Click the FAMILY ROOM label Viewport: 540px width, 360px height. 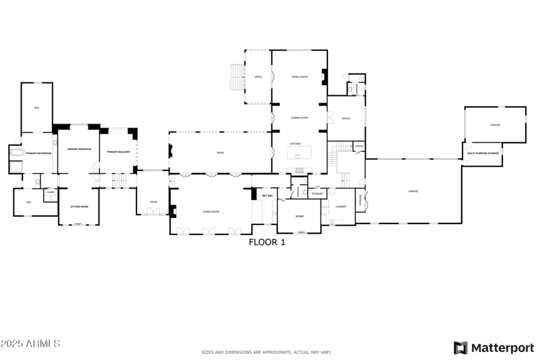coord(300,77)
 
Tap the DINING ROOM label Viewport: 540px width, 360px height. coord(300,118)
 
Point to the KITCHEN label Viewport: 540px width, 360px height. coord(295,144)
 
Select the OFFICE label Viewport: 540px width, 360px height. coord(346,119)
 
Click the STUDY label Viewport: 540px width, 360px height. coord(300,216)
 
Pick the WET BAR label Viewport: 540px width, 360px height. coord(267,196)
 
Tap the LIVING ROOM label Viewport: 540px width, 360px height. coord(211,212)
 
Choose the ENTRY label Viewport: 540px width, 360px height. coord(154,202)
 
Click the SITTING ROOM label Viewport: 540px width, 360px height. coord(80,207)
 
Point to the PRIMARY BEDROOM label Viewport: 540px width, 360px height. coord(79,149)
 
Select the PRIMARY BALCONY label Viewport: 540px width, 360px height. coord(118,151)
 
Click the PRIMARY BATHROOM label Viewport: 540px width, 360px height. coord(39,154)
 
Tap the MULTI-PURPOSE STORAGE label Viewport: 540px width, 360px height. coord(483,154)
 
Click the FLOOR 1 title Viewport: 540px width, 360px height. coord(267,242)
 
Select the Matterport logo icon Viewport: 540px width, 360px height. coord(460,348)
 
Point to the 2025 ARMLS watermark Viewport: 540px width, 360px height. coord(30,344)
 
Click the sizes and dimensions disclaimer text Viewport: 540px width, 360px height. coord(267,352)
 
